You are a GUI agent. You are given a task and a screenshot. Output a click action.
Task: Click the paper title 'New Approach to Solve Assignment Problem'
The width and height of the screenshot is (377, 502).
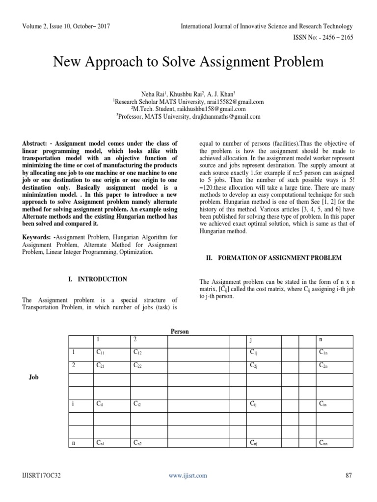pos(188,62)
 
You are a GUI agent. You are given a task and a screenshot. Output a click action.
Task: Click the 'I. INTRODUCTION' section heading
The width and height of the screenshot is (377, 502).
pos(98,279)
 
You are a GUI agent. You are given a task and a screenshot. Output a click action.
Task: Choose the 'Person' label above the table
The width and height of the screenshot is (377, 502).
pos(179,331)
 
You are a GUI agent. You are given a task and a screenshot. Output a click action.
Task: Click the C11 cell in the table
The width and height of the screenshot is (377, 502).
pos(101,352)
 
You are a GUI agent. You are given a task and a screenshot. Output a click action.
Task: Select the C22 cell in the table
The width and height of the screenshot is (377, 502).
pos(138,366)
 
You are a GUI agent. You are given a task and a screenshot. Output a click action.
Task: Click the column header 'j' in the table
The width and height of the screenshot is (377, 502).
pos(251,340)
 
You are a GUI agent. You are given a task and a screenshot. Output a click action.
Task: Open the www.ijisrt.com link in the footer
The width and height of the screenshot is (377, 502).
pos(188,475)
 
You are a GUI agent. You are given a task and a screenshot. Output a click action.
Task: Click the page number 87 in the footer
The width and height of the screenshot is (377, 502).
pos(349,475)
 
